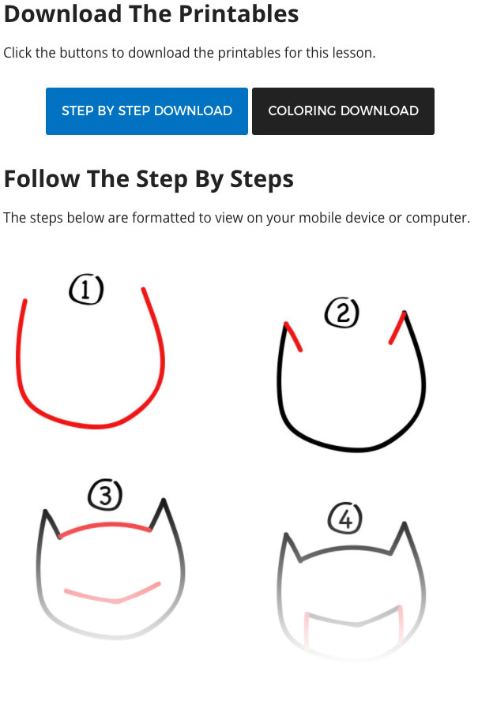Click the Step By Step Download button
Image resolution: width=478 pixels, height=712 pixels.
147,111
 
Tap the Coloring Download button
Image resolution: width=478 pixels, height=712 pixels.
343,111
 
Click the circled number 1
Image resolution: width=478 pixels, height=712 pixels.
86,289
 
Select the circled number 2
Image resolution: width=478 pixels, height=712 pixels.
342,313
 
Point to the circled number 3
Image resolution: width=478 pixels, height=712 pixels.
105,494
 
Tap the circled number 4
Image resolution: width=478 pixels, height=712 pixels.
345,518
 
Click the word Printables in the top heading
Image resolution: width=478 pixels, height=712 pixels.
239,14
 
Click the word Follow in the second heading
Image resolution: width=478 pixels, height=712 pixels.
42,178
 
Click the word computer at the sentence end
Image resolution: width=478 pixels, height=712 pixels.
436,219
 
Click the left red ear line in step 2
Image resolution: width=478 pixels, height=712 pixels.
293,336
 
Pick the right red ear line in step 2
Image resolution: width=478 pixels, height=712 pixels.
397,328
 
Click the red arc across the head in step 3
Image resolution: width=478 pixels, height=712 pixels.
105,526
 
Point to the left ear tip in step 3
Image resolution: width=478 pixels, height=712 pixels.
45,512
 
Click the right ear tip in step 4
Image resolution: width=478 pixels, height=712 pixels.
405,524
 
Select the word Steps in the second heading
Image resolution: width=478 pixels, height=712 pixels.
262,179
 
